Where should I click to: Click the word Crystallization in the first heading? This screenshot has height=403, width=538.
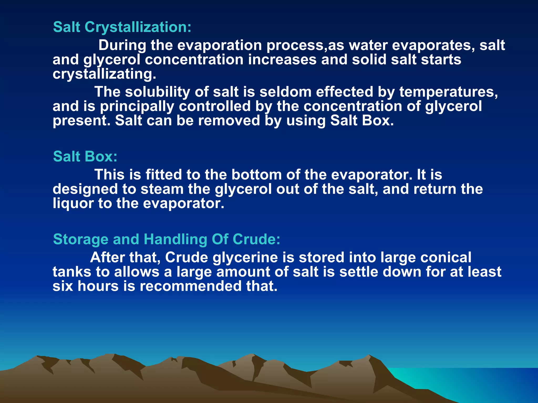point(138,27)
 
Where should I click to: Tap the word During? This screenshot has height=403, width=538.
point(122,45)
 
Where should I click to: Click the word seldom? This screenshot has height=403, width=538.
point(285,92)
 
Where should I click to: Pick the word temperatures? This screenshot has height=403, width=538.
point(448,92)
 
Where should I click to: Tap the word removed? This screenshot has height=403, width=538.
point(229,121)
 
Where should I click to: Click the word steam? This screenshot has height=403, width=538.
point(162,189)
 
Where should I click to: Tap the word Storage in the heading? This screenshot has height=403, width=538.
point(81,239)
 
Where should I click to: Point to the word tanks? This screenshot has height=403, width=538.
point(72,272)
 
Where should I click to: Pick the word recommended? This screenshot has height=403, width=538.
point(190,286)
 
